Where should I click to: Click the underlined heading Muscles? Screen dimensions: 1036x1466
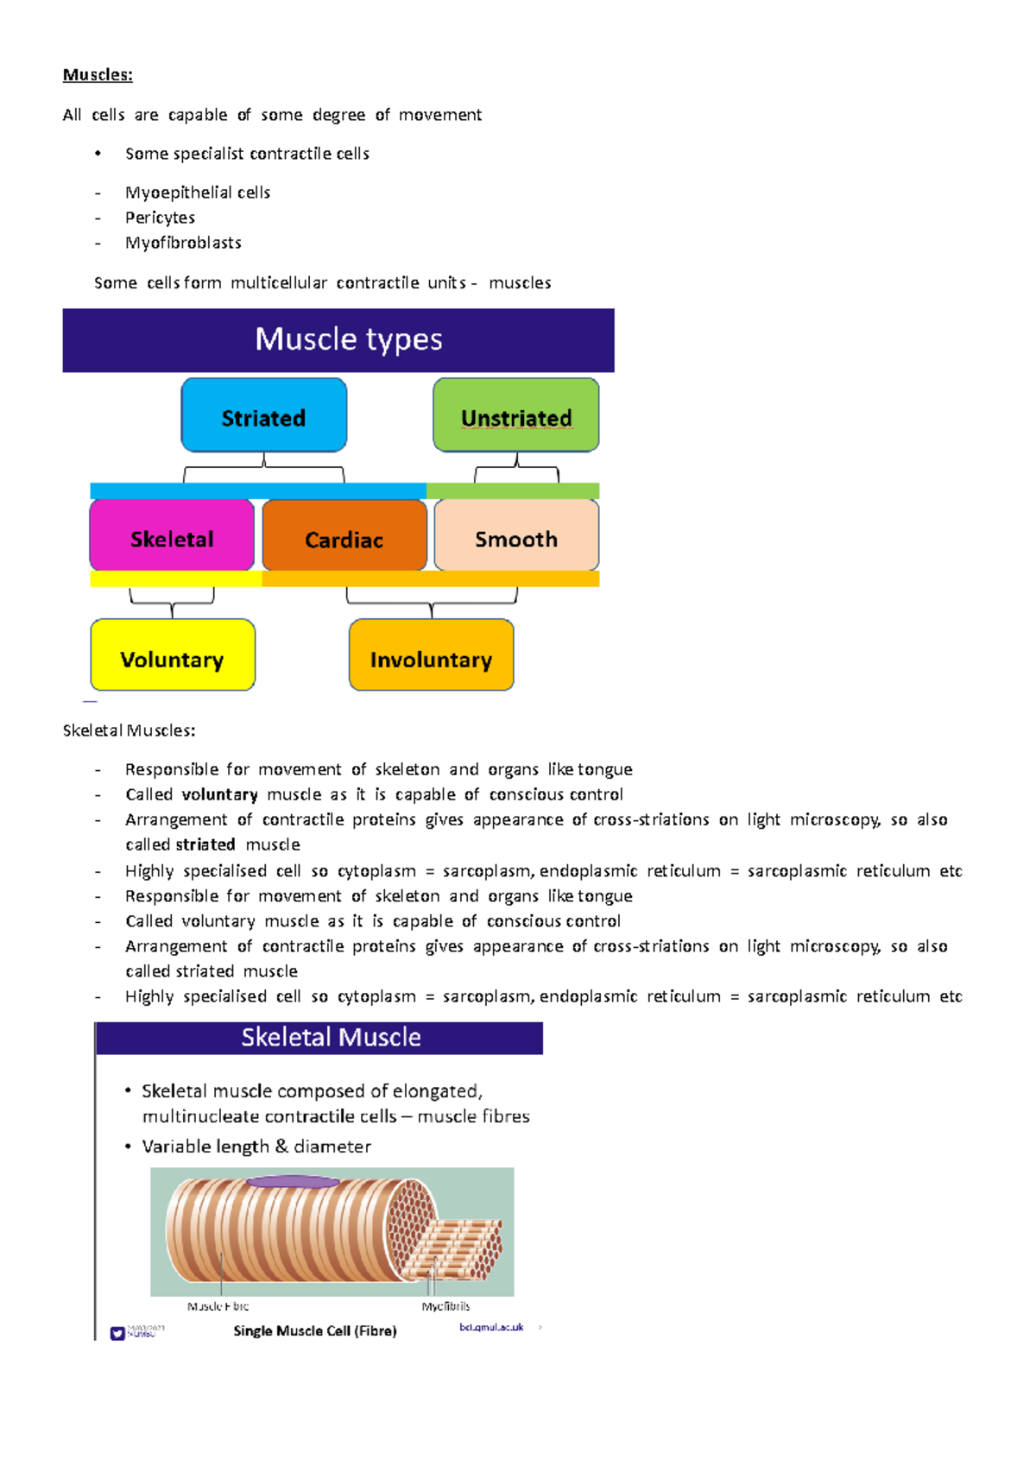point(98,75)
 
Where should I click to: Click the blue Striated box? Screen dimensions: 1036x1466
point(263,416)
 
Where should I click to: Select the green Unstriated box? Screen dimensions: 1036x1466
point(516,416)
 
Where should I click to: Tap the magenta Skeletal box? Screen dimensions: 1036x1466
point(172,536)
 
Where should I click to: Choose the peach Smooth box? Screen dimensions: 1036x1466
point(516,536)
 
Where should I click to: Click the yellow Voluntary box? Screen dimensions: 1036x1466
point(173,656)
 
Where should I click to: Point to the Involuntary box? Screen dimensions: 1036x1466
point(431,656)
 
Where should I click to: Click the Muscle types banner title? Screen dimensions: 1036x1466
point(348,339)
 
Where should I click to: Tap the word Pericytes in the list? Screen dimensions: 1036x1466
point(160,218)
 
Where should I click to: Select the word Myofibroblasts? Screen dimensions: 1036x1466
point(183,243)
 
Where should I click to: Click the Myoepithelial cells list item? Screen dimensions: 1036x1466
point(198,193)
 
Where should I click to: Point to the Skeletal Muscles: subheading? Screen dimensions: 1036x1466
point(129,730)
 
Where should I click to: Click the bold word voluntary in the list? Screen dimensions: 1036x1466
point(219,794)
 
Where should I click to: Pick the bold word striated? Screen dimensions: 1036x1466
point(205,844)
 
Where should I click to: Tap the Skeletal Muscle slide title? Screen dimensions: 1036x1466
point(331,1037)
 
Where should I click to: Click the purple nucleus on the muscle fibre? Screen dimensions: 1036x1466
point(294,1182)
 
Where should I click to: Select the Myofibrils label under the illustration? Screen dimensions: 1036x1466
point(445,1306)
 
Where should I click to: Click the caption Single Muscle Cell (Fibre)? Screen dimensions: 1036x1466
point(315,1330)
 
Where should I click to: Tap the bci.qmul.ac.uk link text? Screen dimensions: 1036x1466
point(491,1327)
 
